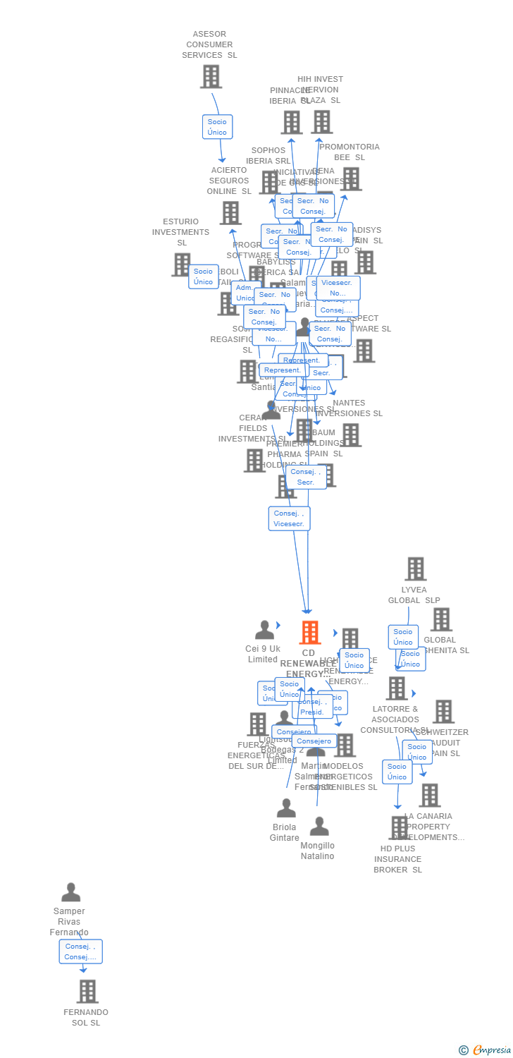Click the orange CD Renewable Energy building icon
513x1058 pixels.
(309, 633)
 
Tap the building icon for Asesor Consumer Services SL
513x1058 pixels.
(211, 76)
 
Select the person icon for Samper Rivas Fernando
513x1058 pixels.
(70, 892)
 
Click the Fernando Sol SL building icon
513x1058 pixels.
(87, 991)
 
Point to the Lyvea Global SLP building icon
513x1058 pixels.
(415, 568)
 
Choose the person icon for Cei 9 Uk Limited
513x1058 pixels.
(264, 630)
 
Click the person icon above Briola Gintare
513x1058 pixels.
(286, 808)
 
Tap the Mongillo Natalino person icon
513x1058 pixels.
(319, 827)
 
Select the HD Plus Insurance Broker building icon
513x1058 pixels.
(399, 827)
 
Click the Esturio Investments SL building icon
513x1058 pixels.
(181, 264)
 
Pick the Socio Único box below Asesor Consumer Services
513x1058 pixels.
(217, 127)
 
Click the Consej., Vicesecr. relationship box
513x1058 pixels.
(289, 518)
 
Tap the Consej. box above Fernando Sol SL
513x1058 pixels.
(80, 951)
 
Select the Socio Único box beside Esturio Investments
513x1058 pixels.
(203, 276)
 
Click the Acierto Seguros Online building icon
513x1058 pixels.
(230, 212)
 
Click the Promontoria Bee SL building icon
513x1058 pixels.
(350, 178)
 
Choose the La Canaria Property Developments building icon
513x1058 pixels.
(429, 795)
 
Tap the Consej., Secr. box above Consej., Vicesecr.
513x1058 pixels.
(306, 477)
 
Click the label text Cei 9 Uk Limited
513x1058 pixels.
(263, 654)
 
